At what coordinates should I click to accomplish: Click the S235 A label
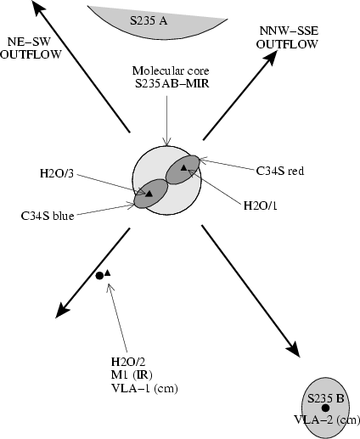pos(149,20)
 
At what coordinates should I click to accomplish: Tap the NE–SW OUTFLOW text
pos(31,48)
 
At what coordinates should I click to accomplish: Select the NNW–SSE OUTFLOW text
pos(287,37)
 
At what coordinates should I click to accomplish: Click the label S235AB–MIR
pos(172,84)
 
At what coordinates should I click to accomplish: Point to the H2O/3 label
pos(57,173)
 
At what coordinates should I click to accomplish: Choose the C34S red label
pos(280,171)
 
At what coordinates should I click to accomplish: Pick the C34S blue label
pos(48,216)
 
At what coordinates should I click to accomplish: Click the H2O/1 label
pos(261,205)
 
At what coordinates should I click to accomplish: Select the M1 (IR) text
pos(132,375)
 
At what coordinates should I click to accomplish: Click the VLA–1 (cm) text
pos(144,388)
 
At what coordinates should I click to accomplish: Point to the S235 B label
pos(326,398)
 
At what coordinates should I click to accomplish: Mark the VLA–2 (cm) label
pos(327,419)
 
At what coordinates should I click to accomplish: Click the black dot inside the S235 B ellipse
pos(325,408)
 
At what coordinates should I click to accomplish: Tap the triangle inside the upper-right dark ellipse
pos(183,168)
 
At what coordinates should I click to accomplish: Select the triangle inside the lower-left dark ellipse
pos(149,194)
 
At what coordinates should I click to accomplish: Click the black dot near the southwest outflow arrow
pos(99,276)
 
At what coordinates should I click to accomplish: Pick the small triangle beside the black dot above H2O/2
pos(108,273)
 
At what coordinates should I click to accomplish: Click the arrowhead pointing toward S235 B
pos(294,350)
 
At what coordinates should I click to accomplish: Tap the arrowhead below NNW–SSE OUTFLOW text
pos(270,59)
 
